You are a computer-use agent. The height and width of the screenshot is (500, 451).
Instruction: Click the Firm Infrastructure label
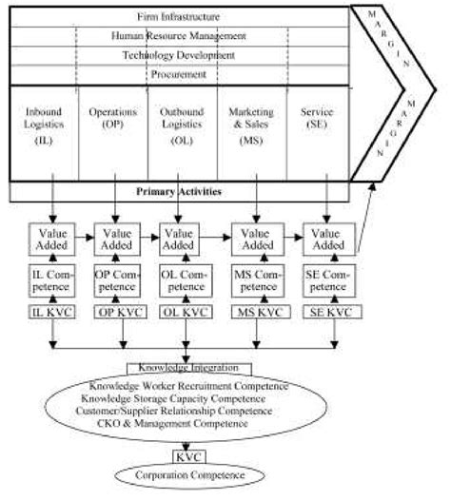pos(179,16)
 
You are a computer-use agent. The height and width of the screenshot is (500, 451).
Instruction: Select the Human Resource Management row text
pos(180,35)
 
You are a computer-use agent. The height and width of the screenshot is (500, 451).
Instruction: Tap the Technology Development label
pos(179,55)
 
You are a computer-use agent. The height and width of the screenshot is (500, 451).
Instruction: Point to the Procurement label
pos(179,73)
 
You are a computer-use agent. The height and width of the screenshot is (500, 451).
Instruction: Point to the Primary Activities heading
pos(179,191)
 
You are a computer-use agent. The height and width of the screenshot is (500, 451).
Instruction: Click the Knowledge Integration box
pos(188,368)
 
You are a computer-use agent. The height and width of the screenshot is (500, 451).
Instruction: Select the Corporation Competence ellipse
pos(188,473)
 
